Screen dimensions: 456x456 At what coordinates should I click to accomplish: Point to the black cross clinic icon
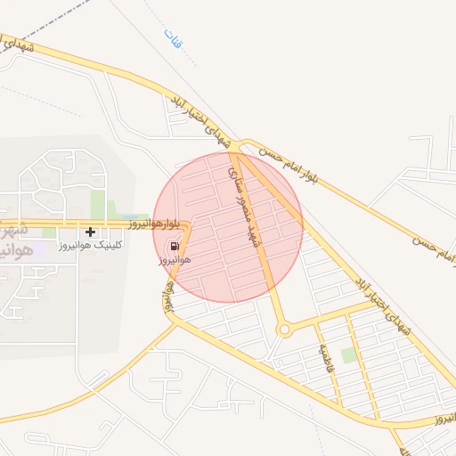(90, 232)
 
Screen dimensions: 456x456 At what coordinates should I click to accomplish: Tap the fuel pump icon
(174, 245)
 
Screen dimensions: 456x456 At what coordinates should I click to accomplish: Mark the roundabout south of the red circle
(285, 330)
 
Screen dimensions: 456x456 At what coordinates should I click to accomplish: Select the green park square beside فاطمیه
(348, 354)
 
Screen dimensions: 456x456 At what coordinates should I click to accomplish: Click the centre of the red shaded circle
(228, 227)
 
